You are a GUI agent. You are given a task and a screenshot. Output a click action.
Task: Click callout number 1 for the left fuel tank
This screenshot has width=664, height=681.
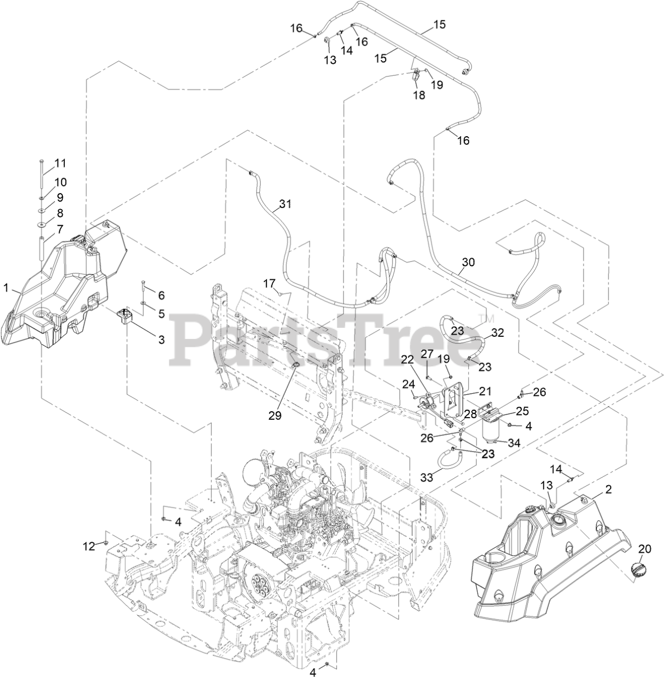(6, 288)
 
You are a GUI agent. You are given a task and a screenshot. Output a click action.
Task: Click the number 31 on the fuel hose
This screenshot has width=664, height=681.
(286, 203)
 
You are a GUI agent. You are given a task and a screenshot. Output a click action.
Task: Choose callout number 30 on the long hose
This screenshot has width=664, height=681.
(468, 262)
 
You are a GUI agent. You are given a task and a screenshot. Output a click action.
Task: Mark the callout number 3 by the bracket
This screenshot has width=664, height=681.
(161, 339)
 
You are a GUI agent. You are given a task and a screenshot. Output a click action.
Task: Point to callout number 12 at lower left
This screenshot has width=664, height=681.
(88, 545)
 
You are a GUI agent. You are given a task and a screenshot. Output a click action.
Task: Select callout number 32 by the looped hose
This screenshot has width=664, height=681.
(497, 334)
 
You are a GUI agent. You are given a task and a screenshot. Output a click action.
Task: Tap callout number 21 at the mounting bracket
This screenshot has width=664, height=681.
(485, 392)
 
